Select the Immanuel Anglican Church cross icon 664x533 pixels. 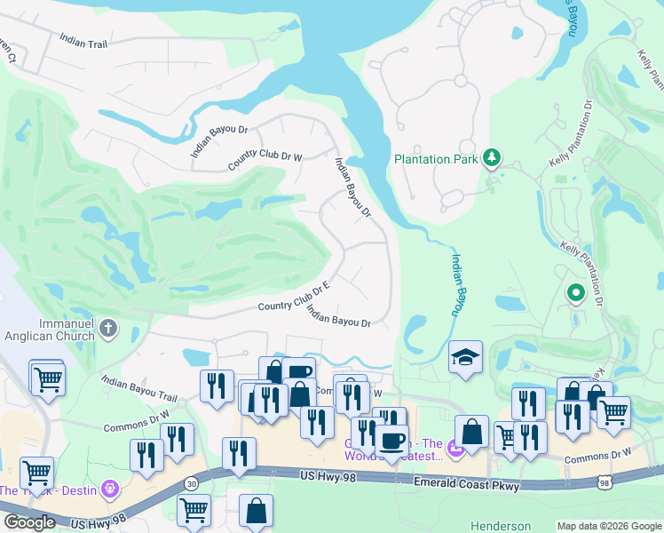(108, 330)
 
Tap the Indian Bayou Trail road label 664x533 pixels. (139, 388)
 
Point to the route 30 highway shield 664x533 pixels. (192, 482)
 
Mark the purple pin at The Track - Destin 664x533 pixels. (109, 488)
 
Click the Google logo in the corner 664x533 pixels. (28, 522)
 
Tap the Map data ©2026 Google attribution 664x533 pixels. (608, 526)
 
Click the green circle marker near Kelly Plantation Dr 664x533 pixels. (575, 290)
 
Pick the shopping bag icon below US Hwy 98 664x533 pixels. (256, 511)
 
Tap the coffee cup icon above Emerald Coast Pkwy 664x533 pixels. (391, 439)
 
